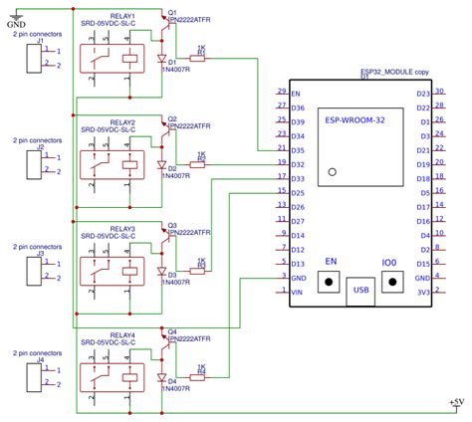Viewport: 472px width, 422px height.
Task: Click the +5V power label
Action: [x=456, y=401]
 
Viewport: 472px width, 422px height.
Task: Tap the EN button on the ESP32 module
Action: [x=328, y=281]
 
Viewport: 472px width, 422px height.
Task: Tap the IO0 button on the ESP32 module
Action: [x=389, y=281]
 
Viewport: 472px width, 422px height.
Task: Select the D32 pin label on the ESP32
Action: [x=297, y=163]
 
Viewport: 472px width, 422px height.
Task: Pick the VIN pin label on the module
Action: [x=296, y=292]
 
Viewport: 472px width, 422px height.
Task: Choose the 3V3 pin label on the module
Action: [x=423, y=292]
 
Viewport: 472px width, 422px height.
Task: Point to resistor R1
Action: [x=199, y=59]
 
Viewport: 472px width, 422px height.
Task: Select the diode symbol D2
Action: [x=161, y=164]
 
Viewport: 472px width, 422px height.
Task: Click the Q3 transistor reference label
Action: [x=172, y=225]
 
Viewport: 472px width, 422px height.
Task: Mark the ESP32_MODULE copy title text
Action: [x=394, y=72]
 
